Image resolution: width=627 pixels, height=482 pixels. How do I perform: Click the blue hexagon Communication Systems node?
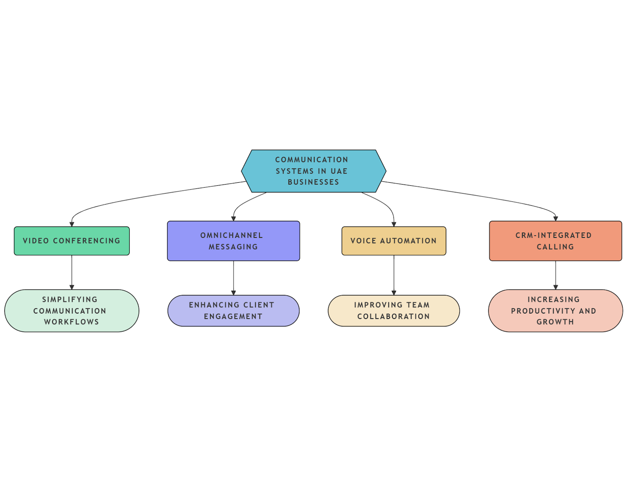[313, 171]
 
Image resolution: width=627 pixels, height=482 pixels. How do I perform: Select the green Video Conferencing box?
[72, 241]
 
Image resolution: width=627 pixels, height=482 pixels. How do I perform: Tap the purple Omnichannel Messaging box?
[233, 241]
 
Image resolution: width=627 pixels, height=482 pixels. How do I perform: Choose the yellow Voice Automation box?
[393, 241]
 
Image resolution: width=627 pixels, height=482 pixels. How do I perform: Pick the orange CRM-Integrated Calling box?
[555, 241]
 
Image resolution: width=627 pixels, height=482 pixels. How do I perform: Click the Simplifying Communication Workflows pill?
[72, 310]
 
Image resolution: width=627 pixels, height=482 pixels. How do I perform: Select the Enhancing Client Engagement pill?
[233, 310]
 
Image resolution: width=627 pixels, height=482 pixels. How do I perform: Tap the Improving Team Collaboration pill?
[393, 310]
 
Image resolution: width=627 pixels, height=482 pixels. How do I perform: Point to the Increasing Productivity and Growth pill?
[555, 310]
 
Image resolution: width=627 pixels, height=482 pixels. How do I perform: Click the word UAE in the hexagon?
[339, 171]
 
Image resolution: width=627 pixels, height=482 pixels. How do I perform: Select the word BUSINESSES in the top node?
[313, 182]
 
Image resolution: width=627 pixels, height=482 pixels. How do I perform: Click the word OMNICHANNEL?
[232, 236]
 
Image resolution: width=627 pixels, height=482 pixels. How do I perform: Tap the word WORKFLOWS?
[71, 322]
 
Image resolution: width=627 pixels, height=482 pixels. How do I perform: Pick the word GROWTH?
[555, 322]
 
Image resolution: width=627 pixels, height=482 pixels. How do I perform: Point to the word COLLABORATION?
[393, 316]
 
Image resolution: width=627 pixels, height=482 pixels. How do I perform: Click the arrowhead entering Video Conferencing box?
[72, 224]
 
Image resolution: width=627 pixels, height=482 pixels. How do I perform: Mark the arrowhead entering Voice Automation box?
[394, 224]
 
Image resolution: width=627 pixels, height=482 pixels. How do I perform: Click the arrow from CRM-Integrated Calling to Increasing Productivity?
[555, 274]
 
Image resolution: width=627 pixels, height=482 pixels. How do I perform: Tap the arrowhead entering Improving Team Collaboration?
[394, 293]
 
